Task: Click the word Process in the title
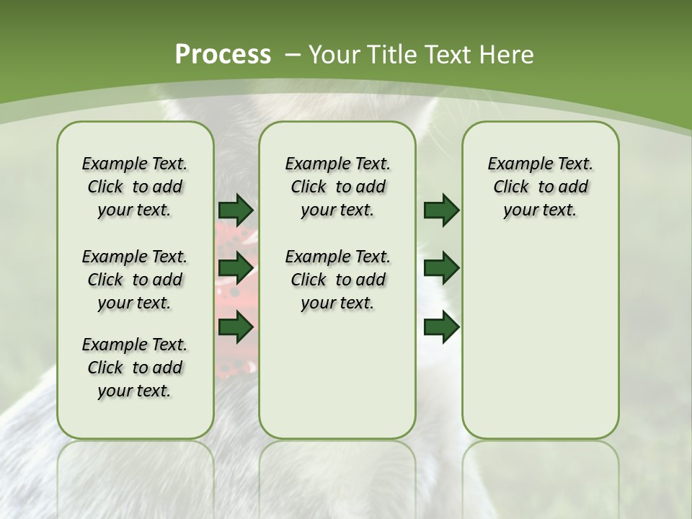[x=223, y=55]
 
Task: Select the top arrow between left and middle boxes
[x=236, y=210]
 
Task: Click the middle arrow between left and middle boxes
[x=236, y=269]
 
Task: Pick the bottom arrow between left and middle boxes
[x=236, y=328]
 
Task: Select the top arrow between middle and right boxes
[x=441, y=210]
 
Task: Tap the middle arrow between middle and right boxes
[x=441, y=269]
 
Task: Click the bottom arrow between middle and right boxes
[x=441, y=328]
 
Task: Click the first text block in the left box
[x=135, y=187]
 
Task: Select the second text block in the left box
[x=135, y=280]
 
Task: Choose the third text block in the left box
[x=135, y=368]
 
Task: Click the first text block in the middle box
[x=337, y=187]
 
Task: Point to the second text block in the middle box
[x=337, y=280]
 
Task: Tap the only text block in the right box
[x=540, y=187]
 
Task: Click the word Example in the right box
[x=515, y=164]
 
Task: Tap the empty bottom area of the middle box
[x=337, y=382]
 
